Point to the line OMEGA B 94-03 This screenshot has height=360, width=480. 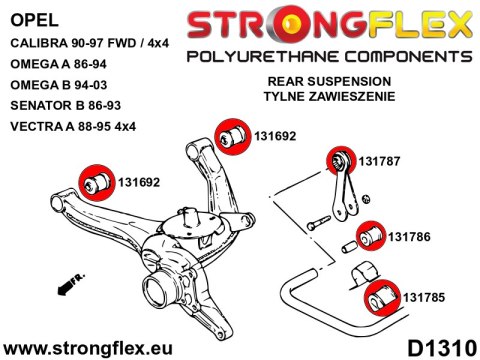57,89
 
